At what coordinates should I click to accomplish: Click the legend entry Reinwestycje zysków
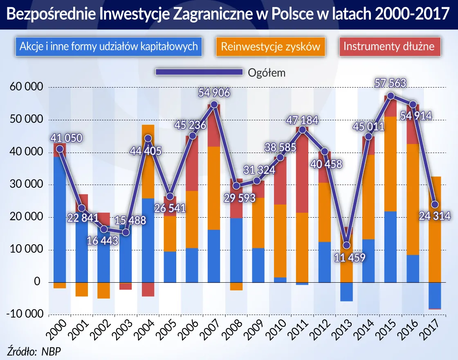(x=270, y=46)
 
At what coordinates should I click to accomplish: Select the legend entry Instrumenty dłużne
(x=388, y=46)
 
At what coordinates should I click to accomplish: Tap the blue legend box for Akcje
(x=109, y=46)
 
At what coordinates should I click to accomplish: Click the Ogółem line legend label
(x=266, y=73)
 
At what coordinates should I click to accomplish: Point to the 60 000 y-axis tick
(x=25, y=87)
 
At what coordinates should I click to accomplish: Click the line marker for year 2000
(x=60, y=149)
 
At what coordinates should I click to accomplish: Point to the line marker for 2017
(x=435, y=204)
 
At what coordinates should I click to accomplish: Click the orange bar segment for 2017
(x=435, y=229)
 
